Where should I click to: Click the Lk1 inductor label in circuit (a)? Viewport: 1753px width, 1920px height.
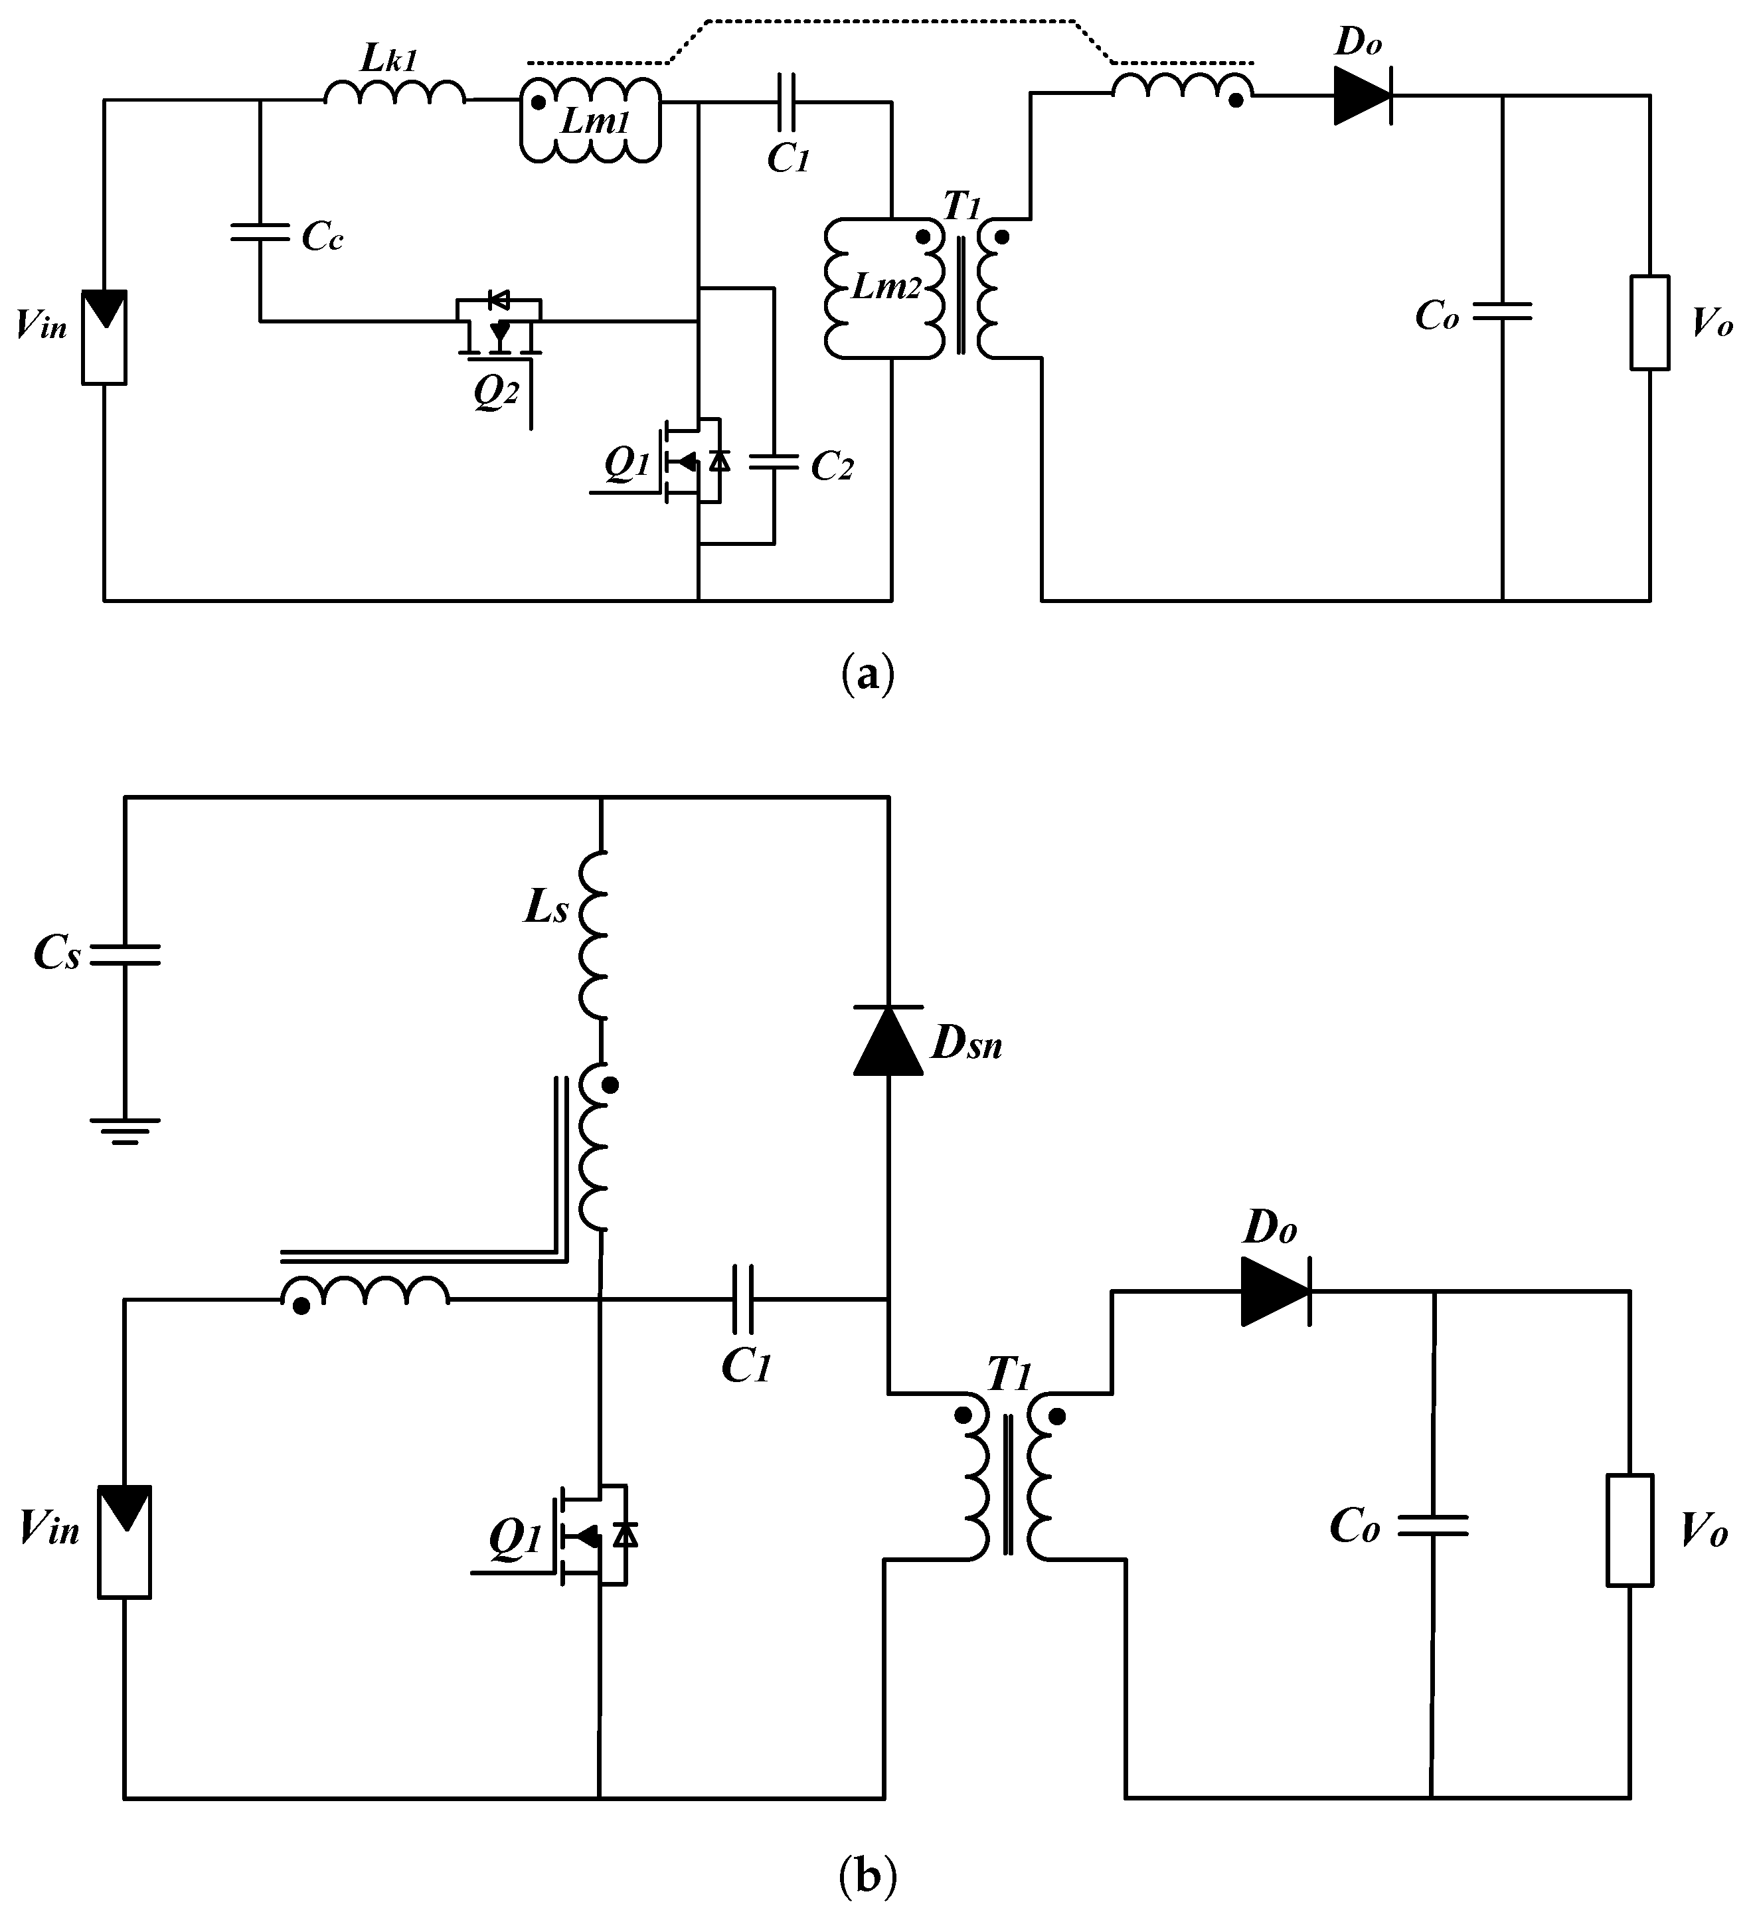point(388,59)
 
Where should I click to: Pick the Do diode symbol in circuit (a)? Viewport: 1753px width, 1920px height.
point(1362,96)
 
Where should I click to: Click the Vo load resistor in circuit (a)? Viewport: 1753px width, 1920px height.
point(1649,323)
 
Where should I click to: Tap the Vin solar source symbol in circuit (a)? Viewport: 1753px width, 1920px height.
point(104,336)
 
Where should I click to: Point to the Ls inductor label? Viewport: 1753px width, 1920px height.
point(546,909)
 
